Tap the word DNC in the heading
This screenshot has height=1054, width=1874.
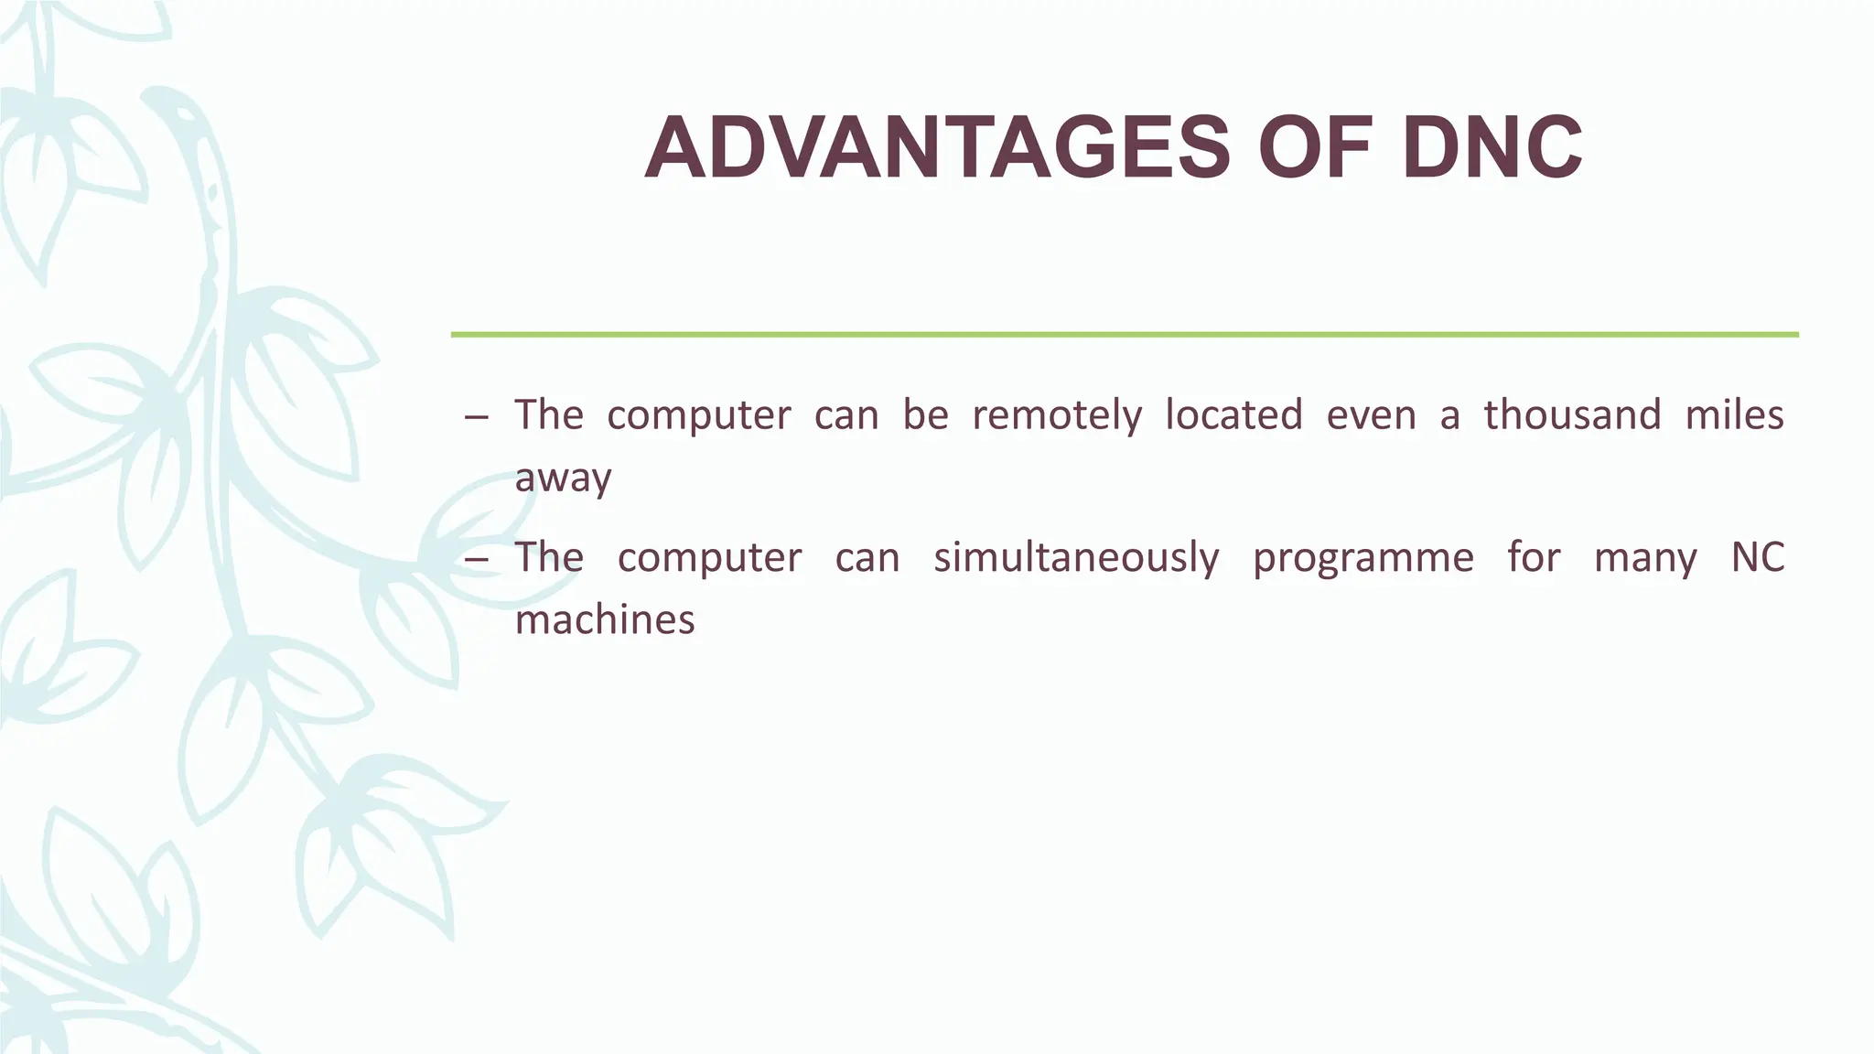click(1492, 149)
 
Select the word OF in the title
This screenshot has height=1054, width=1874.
click(1316, 149)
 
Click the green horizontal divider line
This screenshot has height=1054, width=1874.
click(1125, 335)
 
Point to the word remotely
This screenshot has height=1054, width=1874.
click(1057, 415)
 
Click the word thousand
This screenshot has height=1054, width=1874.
click(1572, 415)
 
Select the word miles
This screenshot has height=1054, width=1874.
click(1734, 415)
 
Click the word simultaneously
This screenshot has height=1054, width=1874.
click(1076, 558)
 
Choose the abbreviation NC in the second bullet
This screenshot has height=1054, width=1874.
click(1758, 558)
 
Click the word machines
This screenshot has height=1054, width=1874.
click(605, 620)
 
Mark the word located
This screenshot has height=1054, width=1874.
click(1233, 415)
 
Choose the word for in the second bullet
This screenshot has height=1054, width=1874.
click(1535, 558)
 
